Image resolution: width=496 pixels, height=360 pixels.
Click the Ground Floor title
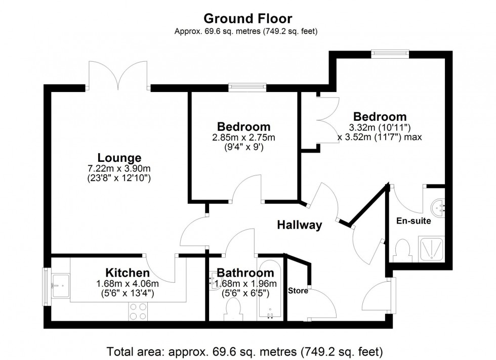pos(247,19)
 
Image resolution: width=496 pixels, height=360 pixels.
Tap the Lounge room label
pos(120,157)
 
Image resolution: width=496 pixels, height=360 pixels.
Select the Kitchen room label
pos(128,273)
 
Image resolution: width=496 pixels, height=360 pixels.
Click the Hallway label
pos(300,225)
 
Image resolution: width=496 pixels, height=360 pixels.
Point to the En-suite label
pos(414,221)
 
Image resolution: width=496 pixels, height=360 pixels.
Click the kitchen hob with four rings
pos(137,310)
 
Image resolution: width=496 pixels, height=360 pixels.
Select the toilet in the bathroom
pos(233,308)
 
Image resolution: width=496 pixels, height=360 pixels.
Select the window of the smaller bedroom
pos(247,87)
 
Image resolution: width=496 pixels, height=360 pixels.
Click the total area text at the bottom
pos(244,350)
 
